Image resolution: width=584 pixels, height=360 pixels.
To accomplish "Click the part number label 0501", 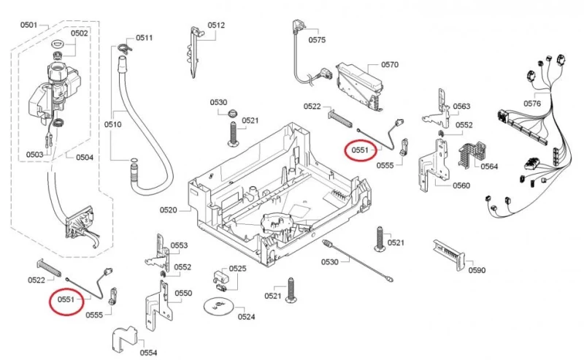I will coord(28,26).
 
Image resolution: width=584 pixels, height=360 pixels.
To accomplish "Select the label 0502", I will coord(80,33).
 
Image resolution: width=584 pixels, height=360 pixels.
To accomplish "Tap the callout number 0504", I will coord(85,157).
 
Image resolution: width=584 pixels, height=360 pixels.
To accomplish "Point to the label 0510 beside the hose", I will coord(112,124).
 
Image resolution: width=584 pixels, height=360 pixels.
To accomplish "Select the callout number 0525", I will coord(237,269).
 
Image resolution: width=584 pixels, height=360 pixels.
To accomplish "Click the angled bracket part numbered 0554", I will coord(126,338).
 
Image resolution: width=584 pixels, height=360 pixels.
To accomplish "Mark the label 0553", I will coord(179,245).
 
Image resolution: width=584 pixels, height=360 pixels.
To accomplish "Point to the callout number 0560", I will coord(461,185).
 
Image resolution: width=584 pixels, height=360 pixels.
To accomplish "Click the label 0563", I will coord(461,107).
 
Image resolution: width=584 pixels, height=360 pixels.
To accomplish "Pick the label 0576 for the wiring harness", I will coord(532,104).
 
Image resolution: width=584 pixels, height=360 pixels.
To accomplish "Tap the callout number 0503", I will coord(34,154).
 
